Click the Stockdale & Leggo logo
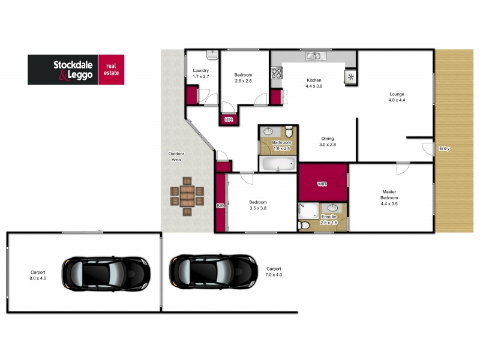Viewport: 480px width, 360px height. pyautogui.click(x=76, y=70)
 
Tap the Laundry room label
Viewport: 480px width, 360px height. pyautogui.click(x=200, y=74)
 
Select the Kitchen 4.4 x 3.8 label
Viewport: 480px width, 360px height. pyautogui.click(x=314, y=83)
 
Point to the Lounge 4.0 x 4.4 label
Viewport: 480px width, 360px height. pyautogui.click(x=397, y=97)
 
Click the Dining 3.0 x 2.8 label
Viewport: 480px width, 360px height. pyautogui.click(x=327, y=141)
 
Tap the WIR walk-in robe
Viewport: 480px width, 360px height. pyautogui.click(x=322, y=182)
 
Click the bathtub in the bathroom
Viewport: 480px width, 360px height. pyautogui.click(x=278, y=163)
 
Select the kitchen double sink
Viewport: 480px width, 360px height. pyautogui.click(x=314, y=56)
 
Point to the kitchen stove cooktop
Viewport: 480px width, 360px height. pyautogui.click(x=277, y=74)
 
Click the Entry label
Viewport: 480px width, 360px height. pyautogui.click(x=444, y=148)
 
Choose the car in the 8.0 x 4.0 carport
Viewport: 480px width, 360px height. pyautogui.click(x=106, y=272)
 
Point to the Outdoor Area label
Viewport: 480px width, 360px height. pyautogui.click(x=176, y=157)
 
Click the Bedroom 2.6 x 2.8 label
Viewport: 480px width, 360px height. pyautogui.click(x=244, y=78)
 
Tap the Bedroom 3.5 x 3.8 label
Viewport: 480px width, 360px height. pyautogui.click(x=258, y=206)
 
